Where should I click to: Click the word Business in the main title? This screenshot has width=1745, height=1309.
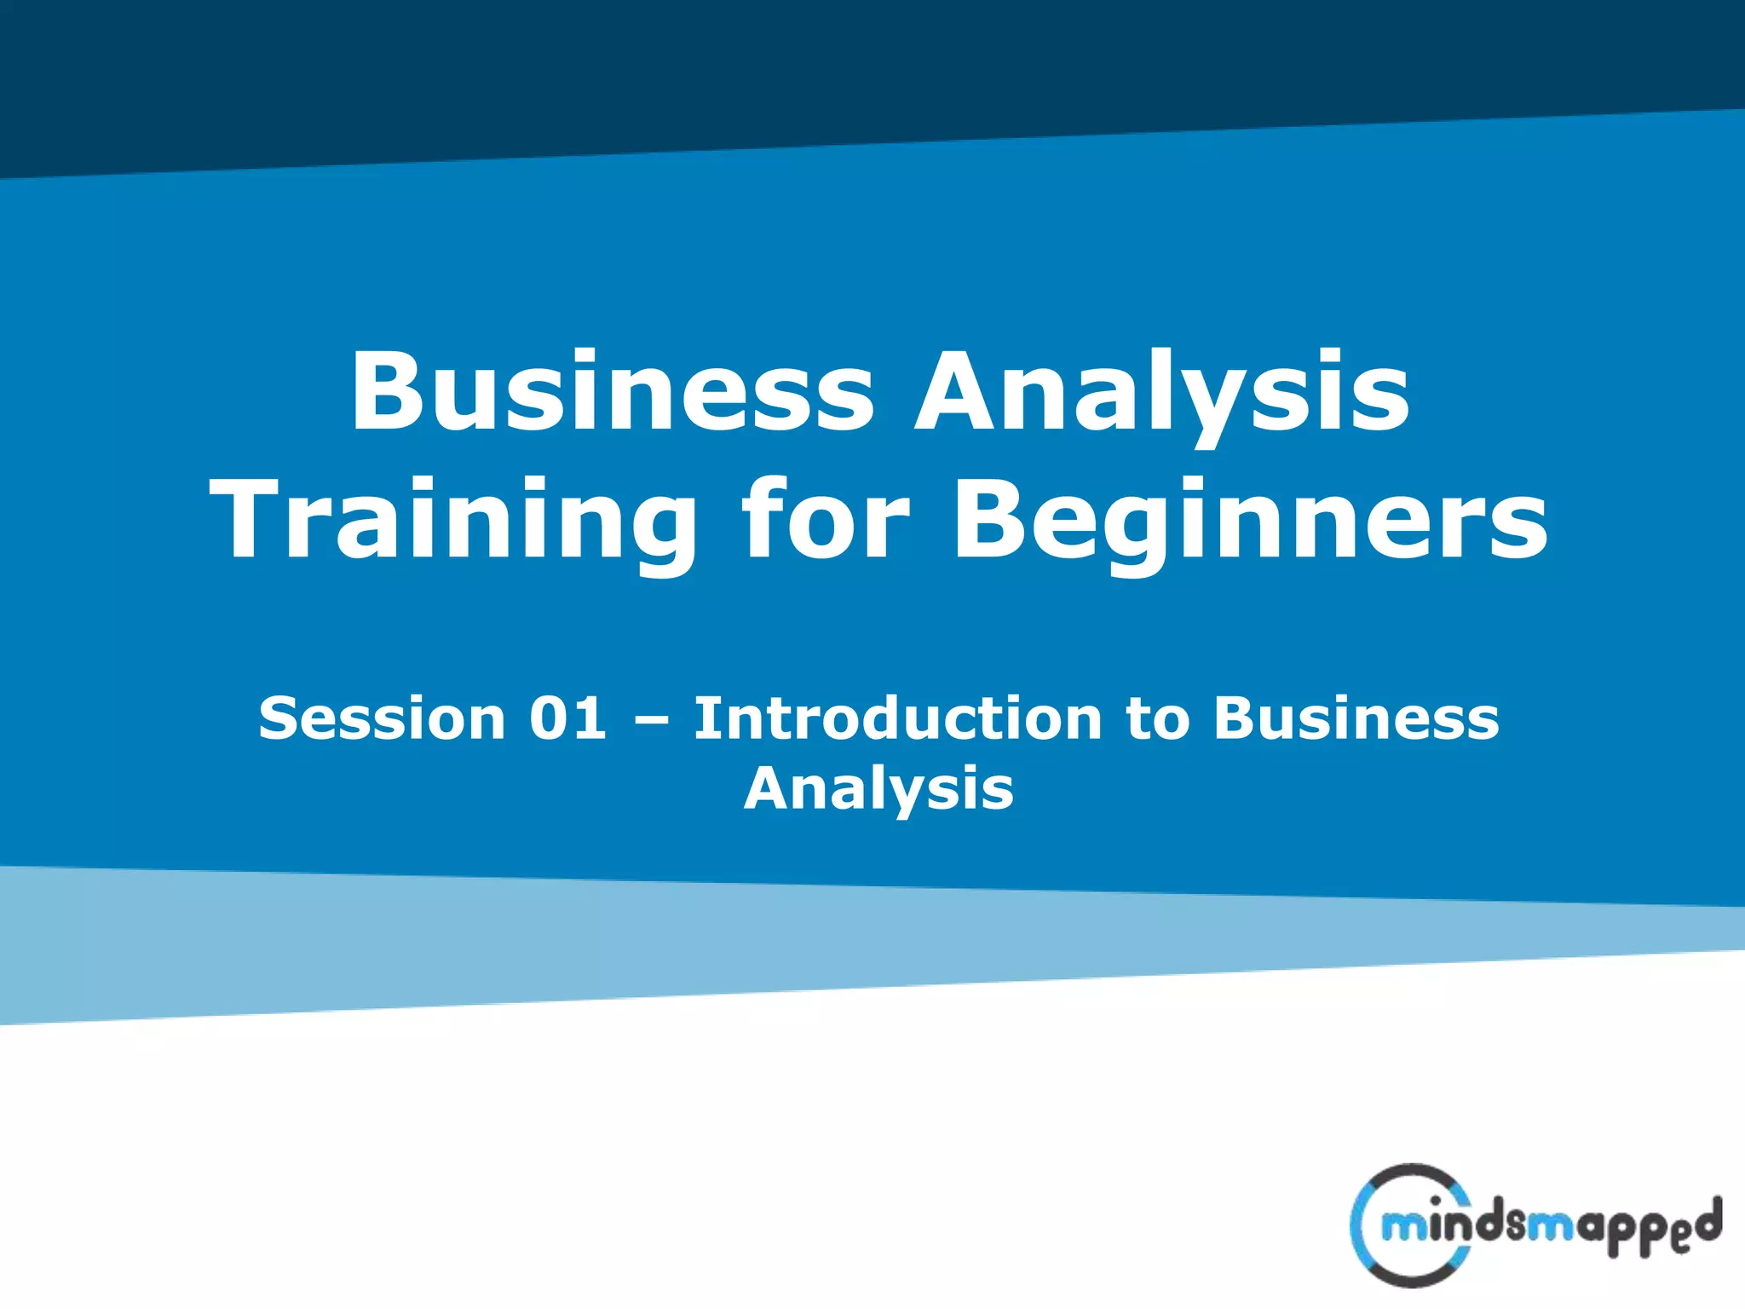click(x=612, y=392)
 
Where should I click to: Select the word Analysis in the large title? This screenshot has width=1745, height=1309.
click(x=1161, y=394)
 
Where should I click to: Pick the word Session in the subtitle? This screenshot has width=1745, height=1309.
click(x=382, y=718)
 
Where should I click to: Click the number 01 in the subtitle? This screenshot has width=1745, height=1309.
click(x=567, y=718)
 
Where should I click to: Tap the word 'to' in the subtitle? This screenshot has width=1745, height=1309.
click(x=1156, y=719)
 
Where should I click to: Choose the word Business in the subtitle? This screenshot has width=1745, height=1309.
click(x=1355, y=718)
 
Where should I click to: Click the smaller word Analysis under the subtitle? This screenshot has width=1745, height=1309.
click(x=878, y=789)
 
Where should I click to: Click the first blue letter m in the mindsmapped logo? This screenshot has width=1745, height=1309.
click(x=1404, y=1227)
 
